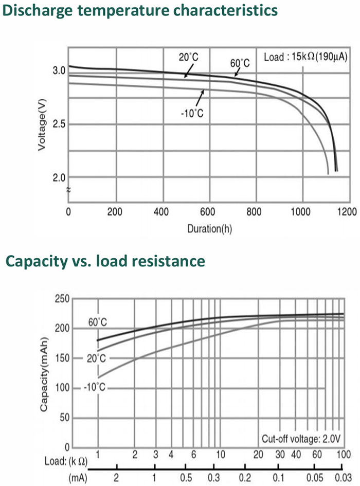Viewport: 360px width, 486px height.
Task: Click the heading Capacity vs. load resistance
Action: (x=105, y=261)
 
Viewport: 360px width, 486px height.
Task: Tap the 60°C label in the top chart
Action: (x=239, y=64)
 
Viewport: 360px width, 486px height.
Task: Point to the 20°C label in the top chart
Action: (x=189, y=57)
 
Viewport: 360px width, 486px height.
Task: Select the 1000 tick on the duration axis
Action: (x=302, y=211)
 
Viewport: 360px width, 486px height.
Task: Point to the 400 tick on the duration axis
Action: (x=163, y=211)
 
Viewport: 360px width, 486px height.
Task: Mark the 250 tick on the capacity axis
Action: (x=62, y=298)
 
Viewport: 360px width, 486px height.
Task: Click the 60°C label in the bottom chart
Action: (x=98, y=322)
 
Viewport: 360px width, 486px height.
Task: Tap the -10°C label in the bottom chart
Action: (x=94, y=386)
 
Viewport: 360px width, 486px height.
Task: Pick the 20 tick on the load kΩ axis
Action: (x=258, y=455)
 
